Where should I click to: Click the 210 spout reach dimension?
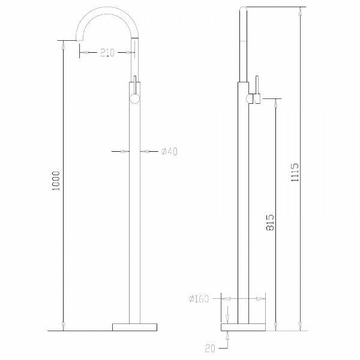[x=107, y=53]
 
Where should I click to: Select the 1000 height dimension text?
[x=56, y=181]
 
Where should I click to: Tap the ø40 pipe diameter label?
[x=169, y=152]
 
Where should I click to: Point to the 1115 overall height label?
[x=295, y=172]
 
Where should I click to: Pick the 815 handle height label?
[x=270, y=222]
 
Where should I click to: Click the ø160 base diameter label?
[x=199, y=299]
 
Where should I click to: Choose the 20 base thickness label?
[x=210, y=349]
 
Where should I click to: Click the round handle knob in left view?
[x=134, y=99]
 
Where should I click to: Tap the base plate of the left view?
[x=134, y=327]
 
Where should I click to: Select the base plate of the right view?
[x=243, y=327]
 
